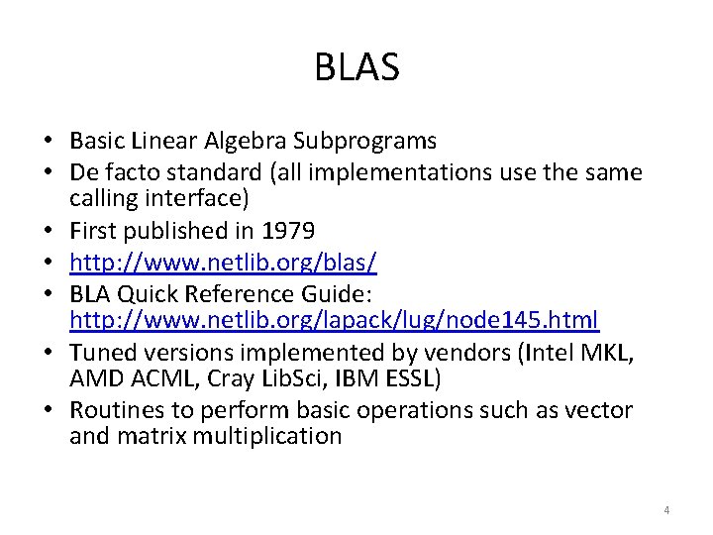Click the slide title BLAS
[x=356, y=67]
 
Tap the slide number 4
[x=666, y=510]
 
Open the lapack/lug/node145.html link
[x=334, y=320]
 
